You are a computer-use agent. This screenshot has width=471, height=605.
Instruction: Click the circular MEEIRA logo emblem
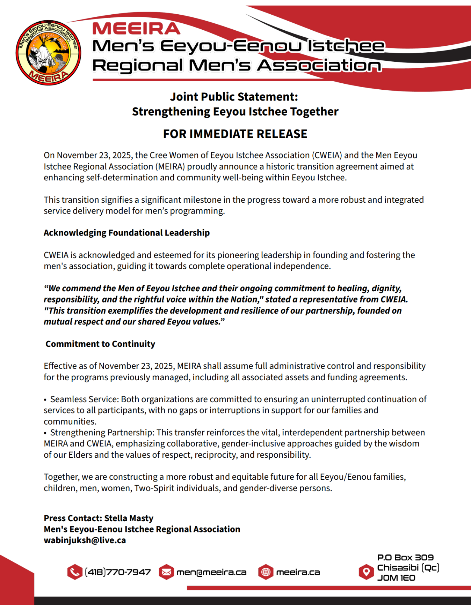(48, 53)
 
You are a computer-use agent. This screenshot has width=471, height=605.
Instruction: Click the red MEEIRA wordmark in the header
(136, 29)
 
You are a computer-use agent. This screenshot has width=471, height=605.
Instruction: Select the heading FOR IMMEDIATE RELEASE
(235, 134)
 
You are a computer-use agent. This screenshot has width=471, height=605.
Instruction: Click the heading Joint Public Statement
(234, 97)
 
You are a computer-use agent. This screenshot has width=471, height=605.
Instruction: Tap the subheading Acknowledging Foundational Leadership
(126, 233)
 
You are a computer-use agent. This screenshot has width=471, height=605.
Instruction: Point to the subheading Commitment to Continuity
(100, 344)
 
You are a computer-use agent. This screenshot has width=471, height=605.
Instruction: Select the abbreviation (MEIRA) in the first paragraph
(170, 166)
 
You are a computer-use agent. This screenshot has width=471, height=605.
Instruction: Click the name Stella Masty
(129, 518)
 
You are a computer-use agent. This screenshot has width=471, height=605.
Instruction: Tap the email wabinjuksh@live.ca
(85, 540)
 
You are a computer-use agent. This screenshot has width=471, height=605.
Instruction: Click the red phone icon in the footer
(74, 572)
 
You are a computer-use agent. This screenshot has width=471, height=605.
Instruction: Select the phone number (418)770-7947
(118, 572)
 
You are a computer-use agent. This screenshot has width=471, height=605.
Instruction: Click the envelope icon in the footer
(166, 572)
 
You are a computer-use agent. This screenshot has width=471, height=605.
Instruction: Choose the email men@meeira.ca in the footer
(211, 572)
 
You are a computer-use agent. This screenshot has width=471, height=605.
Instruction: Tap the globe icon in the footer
(266, 572)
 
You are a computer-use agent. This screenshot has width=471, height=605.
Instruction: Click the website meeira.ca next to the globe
(298, 572)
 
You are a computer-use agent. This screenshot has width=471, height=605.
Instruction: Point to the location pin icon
(366, 572)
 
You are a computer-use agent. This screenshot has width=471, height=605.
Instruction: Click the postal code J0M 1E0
(396, 578)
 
